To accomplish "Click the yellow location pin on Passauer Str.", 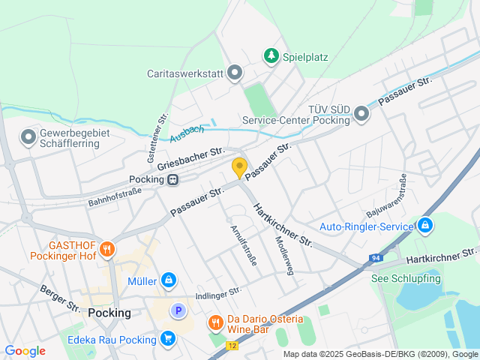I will click(x=239, y=168).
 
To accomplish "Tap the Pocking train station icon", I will click(x=173, y=179).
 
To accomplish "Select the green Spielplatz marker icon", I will click(x=271, y=56).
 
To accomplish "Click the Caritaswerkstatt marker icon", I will click(x=235, y=73).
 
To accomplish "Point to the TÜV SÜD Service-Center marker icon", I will click(x=361, y=113).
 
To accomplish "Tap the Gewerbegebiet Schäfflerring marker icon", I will click(x=28, y=137).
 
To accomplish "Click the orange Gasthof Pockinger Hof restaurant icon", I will click(x=107, y=248).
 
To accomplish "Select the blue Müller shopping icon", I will click(x=169, y=280).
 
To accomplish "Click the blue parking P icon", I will click(x=178, y=310).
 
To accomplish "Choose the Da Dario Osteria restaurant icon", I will click(x=215, y=322).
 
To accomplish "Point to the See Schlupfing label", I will click(x=406, y=278).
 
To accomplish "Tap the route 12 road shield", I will click(x=232, y=346).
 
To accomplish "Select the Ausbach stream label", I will click(x=187, y=133).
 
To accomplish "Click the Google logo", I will click(x=25, y=350).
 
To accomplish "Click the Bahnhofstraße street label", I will click(x=115, y=197).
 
